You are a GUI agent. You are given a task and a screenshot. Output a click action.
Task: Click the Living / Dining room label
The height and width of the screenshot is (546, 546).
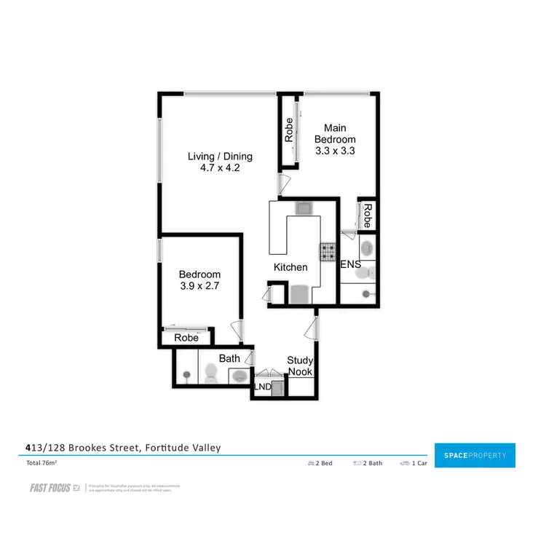[219, 156]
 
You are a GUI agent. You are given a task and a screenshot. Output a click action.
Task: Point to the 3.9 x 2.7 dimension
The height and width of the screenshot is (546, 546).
[199, 287]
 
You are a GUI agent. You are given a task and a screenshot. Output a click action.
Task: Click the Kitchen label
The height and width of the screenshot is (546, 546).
[290, 267]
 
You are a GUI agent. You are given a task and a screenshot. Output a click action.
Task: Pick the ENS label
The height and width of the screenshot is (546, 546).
[350, 265]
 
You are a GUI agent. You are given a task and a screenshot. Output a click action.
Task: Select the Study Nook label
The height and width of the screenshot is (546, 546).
[299, 365]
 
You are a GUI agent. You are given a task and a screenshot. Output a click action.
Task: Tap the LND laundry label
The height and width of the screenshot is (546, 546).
[262, 388]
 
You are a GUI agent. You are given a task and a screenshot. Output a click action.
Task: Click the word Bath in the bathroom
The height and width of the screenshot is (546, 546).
[229, 358]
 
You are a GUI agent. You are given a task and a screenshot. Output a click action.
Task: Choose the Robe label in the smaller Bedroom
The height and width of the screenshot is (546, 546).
[186, 338]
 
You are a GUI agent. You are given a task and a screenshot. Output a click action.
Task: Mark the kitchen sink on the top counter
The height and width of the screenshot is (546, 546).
[303, 209]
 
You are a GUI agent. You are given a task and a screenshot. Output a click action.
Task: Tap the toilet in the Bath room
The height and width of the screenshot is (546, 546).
[210, 373]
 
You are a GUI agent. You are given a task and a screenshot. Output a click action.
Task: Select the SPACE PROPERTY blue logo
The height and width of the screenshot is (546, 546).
[475, 456]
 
